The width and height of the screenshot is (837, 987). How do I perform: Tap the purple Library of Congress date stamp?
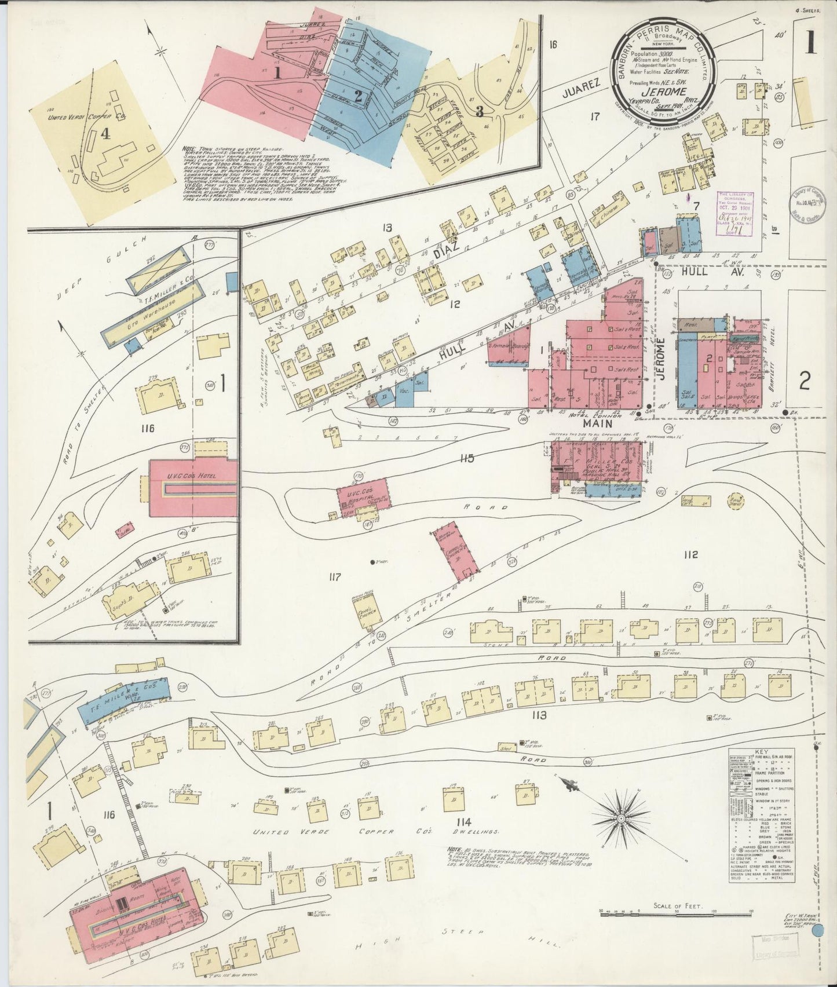pyautogui.click(x=736, y=213)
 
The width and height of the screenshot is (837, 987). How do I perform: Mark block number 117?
pyautogui.click(x=335, y=577)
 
